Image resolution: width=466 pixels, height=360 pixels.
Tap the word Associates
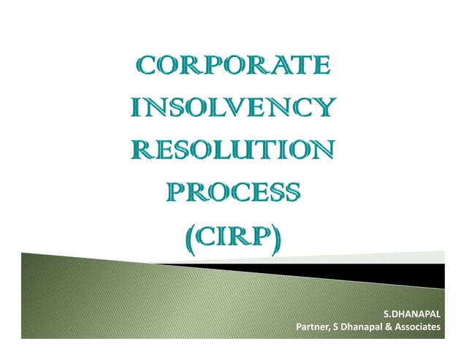click(417, 327)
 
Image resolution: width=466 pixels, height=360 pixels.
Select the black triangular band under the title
click(380, 272)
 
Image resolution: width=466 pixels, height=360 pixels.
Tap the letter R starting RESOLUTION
click(142, 154)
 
